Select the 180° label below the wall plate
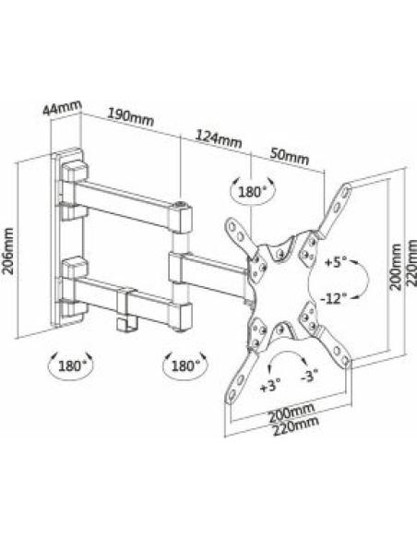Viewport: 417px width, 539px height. click(x=71, y=365)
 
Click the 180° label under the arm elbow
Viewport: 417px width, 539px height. click(x=185, y=365)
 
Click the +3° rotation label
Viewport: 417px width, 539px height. click(x=269, y=386)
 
